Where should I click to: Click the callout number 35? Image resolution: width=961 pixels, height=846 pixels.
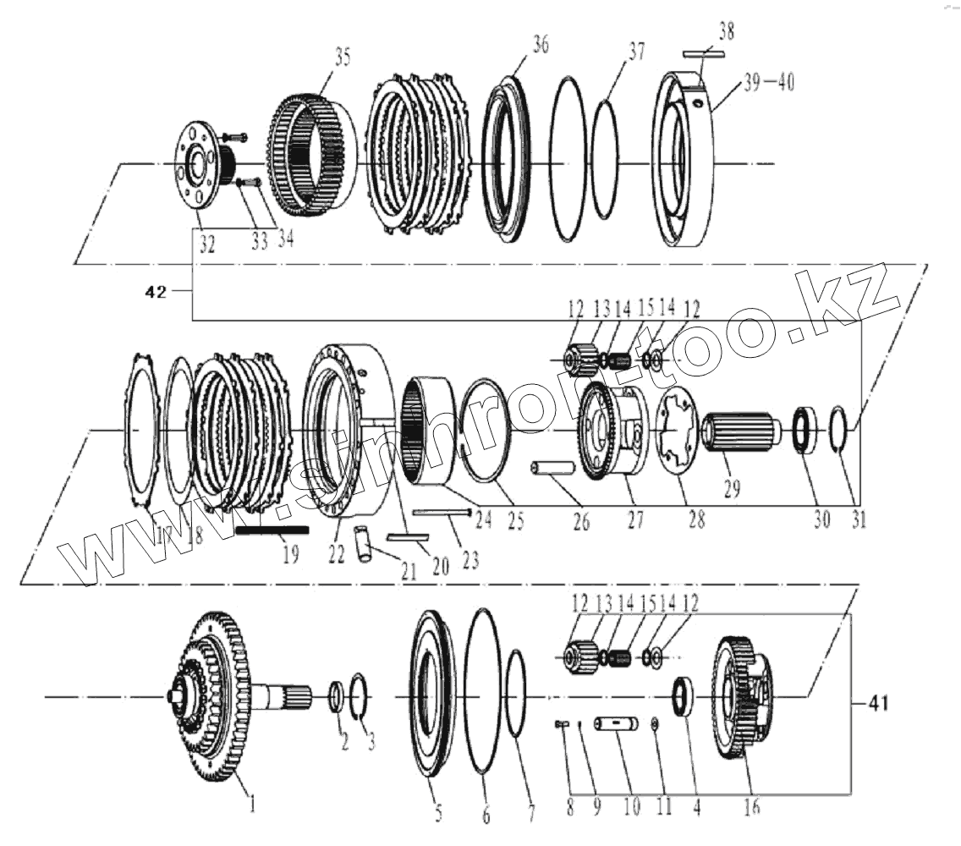pos(319,58)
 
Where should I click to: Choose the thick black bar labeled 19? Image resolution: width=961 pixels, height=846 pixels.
pos(272,530)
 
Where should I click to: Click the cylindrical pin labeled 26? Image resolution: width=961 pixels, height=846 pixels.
pos(548,470)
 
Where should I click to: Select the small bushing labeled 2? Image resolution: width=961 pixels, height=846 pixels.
pos(335,696)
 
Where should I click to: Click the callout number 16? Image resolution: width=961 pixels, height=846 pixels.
pos(750,808)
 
